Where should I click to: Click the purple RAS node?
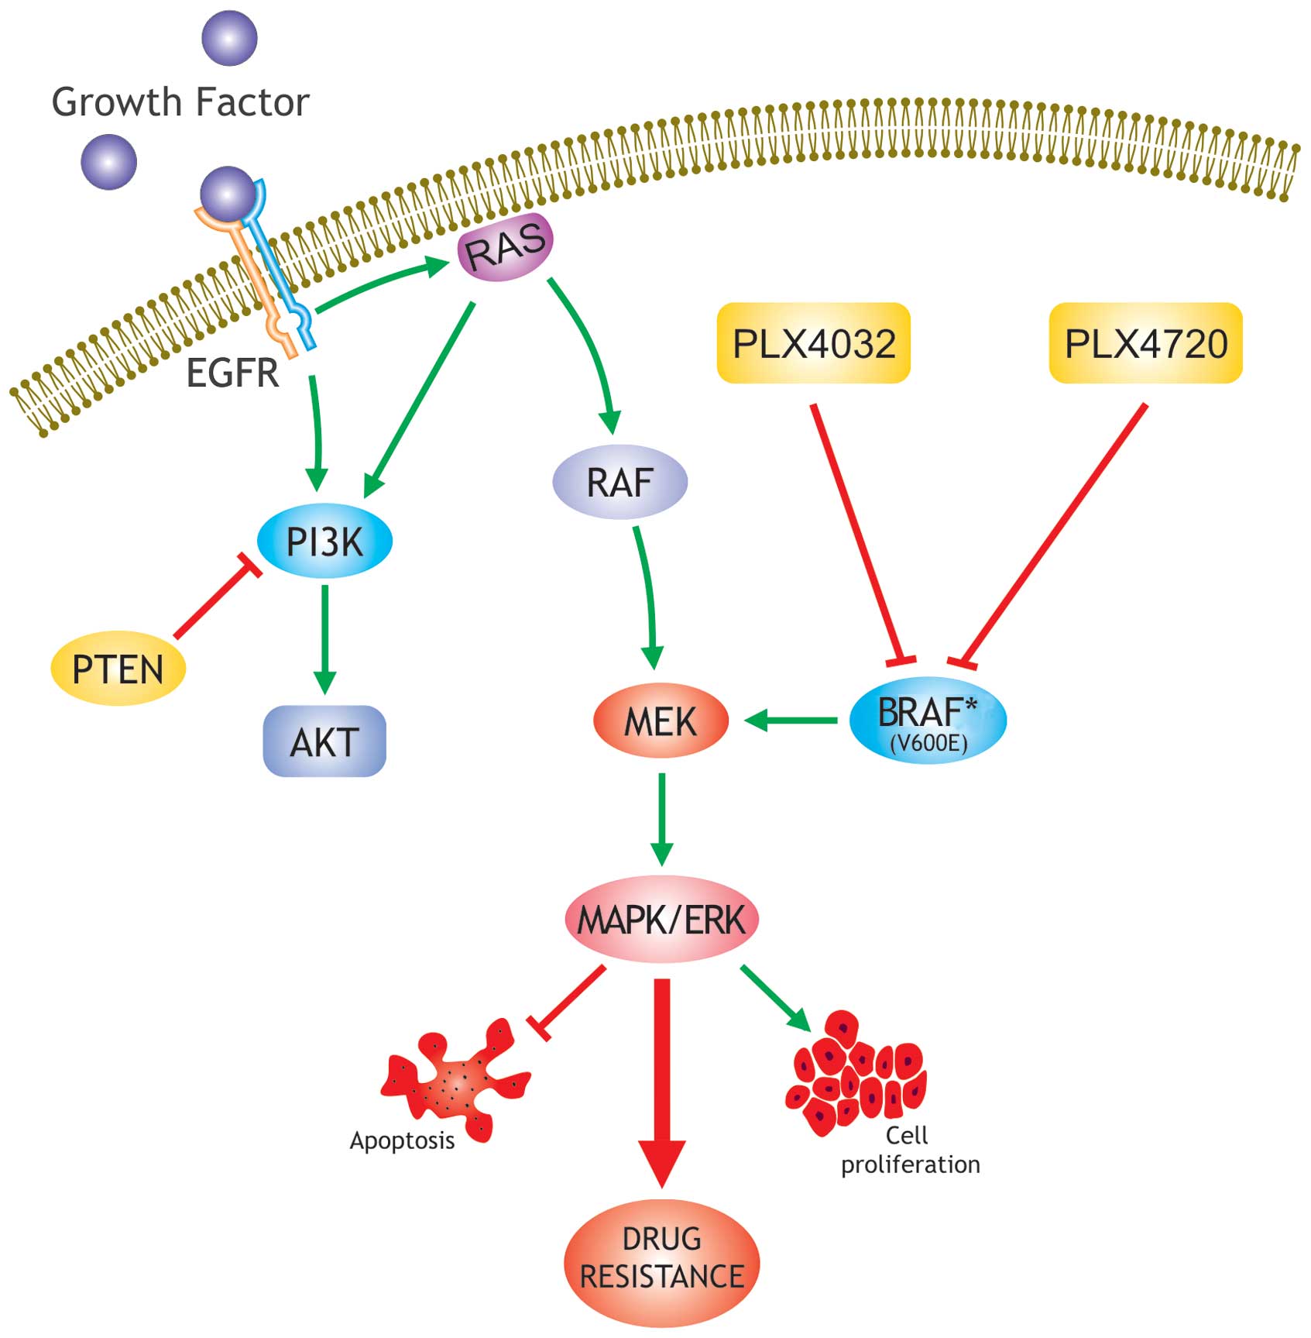tap(505, 247)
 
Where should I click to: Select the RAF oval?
tap(619, 482)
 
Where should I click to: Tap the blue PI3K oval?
tap(324, 541)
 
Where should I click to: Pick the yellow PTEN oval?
tap(118, 669)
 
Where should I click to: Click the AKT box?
tap(324, 741)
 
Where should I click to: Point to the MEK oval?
tap(661, 721)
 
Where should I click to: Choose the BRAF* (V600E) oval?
tap(928, 721)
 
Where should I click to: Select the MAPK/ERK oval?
tap(661, 920)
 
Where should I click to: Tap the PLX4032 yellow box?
tap(814, 343)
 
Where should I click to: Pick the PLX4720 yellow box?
tap(1146, 343)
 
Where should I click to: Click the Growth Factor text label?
tap(180, 102)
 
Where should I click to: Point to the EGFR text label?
tap(232, 373)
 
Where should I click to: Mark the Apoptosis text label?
tap(402, 1140)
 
